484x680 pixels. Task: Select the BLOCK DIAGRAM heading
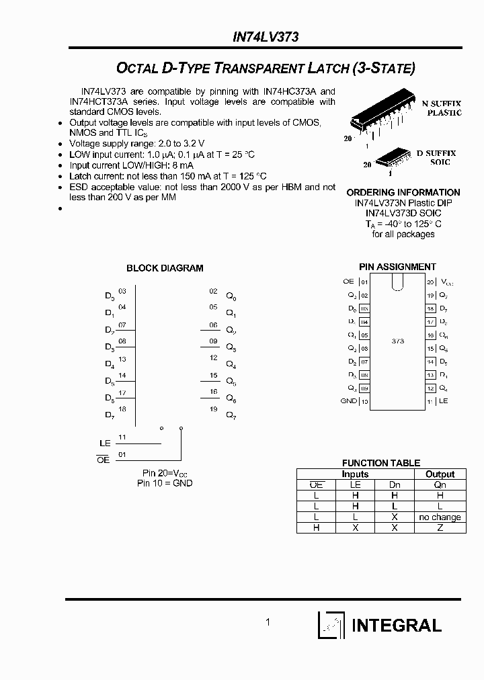pos(165,268)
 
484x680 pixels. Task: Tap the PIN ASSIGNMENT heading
pos(397,267)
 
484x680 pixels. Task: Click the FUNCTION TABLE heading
pos(380,463)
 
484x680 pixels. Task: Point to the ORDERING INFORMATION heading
pos(403,192)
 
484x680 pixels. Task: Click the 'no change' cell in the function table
pos(440,517)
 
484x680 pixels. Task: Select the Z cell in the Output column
pos(440,528)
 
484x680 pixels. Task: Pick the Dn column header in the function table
pos(395,484)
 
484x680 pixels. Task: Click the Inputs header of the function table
pos(355,474)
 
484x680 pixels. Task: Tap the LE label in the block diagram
pos(104,443)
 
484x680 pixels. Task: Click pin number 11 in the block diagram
pos(122,437)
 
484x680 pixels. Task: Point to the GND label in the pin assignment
pos(348,401)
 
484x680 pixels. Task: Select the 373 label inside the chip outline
pos(397,341)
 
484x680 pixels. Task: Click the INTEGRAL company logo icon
pos(331,626)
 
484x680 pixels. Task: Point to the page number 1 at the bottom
pos(268,622)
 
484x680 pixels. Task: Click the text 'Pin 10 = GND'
pos(165,483)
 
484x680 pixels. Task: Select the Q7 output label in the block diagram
pos(231,416)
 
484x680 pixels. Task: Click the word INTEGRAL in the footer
pos(397,626)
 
